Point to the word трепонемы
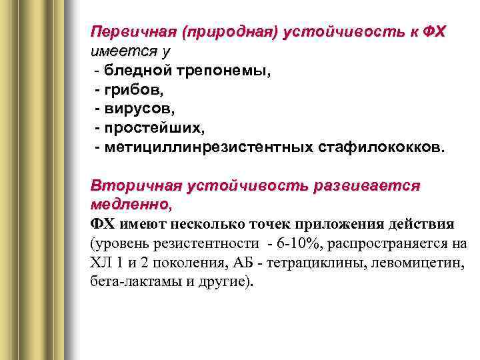(227, 70)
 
